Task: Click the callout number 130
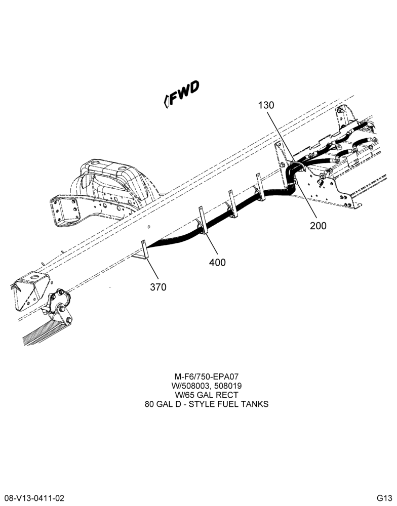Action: tap(266, 105)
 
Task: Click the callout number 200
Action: tap(318, 226)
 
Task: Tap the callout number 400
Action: tap(217, 263)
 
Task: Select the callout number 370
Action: tap(158, 287)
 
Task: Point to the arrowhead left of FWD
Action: tap(167, 101)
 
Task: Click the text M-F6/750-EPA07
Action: tap(207, 376)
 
